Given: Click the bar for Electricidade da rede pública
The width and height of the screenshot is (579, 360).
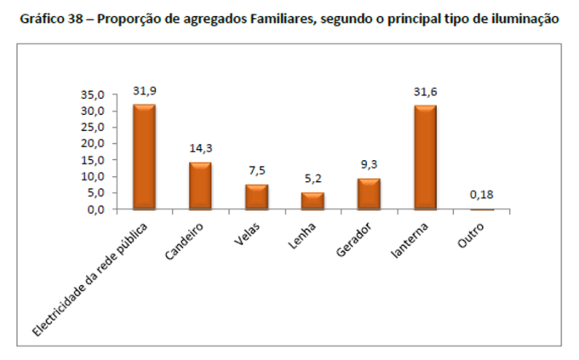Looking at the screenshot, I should (x=144, y=157).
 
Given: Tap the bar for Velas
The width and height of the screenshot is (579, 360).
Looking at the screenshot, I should (x=256, y=197).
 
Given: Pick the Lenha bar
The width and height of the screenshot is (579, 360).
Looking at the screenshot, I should (x=312, y=201).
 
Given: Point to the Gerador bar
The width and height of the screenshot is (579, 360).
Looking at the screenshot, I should (x=369, y=194).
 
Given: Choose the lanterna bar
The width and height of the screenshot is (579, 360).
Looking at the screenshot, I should (x=425, y=157).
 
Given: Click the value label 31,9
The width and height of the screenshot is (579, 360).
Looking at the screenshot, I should (x=144, y=89).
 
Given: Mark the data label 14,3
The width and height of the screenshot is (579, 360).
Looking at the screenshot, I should (x=201, y=147).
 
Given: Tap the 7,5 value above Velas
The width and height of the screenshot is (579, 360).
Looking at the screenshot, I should (x=257, y=169).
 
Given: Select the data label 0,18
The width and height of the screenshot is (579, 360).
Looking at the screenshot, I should (x=482, y=195).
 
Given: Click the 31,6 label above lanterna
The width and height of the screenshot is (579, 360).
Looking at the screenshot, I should (x=425, y=91).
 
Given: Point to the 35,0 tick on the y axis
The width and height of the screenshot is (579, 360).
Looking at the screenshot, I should (x=93, y=94).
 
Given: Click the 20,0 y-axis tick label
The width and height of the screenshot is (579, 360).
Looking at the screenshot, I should (x=93, y=144).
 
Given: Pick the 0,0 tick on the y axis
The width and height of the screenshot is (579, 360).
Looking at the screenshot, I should (x=96, y=209).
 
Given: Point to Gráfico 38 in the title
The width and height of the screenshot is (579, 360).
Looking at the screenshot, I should (x=53, y=18).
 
